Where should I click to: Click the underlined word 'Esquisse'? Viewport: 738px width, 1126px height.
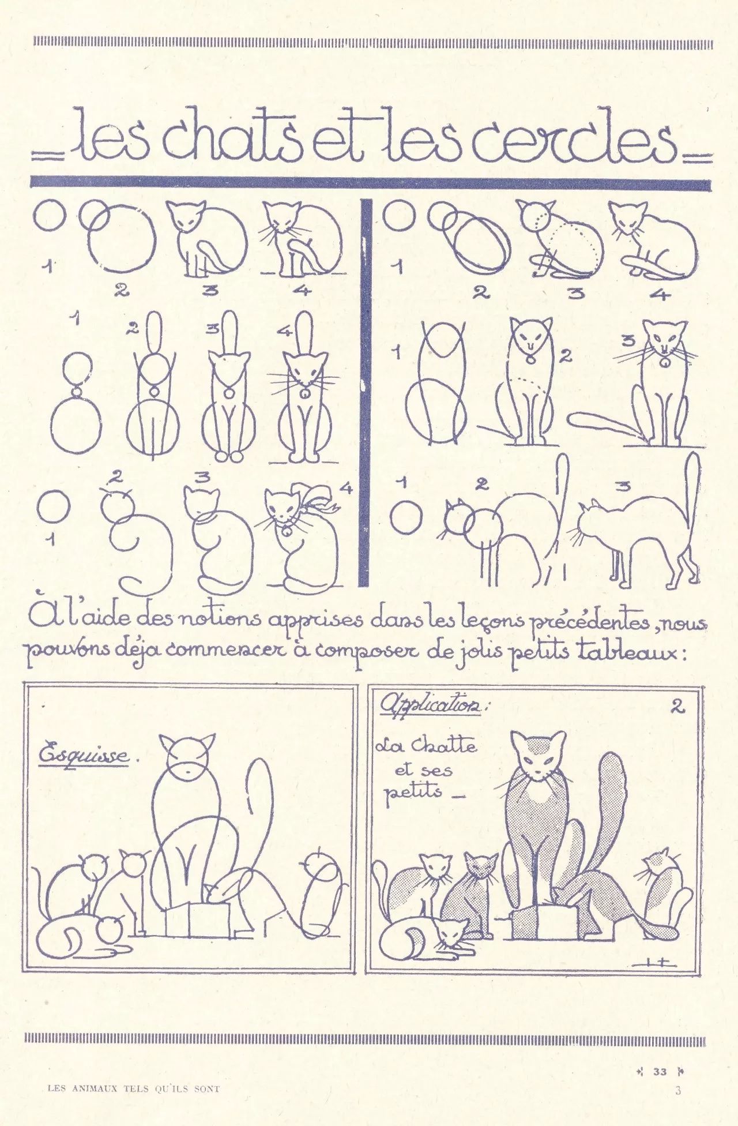tap(84, 756)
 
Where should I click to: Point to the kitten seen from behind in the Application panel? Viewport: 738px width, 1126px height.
tap(663, 891)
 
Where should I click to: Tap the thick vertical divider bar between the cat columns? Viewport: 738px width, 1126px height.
tap(363, 392)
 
